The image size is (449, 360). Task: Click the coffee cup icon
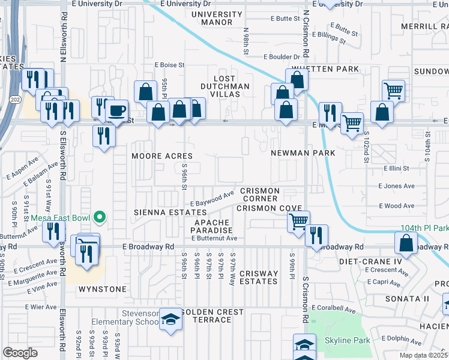(x=116, y=110)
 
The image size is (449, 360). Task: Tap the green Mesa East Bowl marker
(x=101, y=217)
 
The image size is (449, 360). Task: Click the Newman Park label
(x=301, y=153)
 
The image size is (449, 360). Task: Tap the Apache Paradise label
(x=212, y=226)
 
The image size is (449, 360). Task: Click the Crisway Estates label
(x=259, y=277)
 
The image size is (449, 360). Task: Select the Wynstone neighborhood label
(x=103, y=289)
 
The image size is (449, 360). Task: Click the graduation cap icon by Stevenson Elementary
(x=170, y=318)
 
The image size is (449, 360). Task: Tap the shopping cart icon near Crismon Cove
(x=298, y=221)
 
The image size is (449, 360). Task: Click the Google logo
(x=20, y=353)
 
